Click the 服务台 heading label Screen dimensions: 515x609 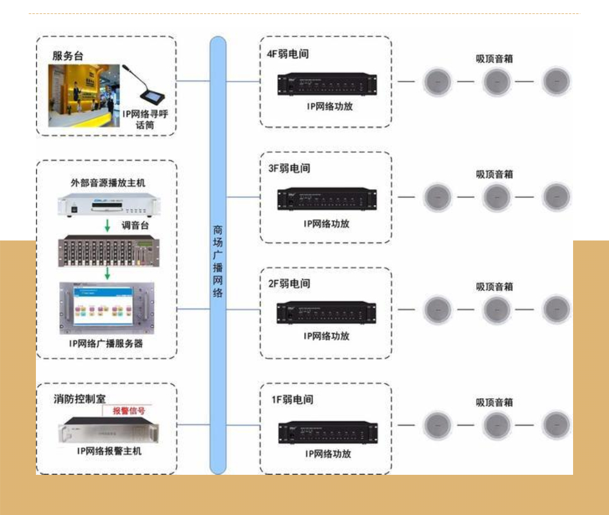pyautogui.click(x=68, y=56)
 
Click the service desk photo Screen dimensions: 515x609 pyautogui.click(x=84, y=96)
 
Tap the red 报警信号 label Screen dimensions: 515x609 pyautogui.click(x=129, y=410)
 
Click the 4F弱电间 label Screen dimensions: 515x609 pyautogui.click(x=287, y=54)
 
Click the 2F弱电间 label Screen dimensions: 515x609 pyautogui.click(x=289, y=284)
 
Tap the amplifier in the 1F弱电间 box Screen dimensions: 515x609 pyautogui.click(x=328, y=432)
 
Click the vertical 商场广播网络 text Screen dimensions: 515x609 pyautogui.click(x=217, y=261)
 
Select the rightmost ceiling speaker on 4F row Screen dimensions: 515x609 pyautogui.click(x=556, y=82)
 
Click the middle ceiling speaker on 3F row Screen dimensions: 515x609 pyautogui.click(x=496, y=197)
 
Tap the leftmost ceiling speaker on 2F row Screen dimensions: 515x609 pyautogui.click(x=437, y=309)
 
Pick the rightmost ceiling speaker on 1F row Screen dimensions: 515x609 pyautogui.click(x=556, y=425)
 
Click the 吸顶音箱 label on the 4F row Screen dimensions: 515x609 pyautogui.click(x=494, y=59)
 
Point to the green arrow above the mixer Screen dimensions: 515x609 pyautogui.click(x=107, y=226)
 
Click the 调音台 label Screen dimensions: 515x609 pyautogui.click(x=135, y=225)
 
